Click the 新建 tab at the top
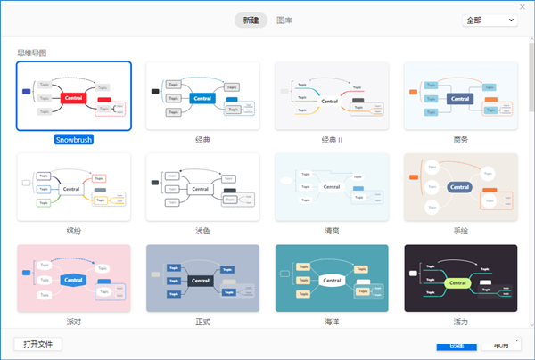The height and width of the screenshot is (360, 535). point(251,20)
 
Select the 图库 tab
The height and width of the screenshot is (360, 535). point(284,20)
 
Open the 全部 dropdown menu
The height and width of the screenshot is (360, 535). point(490,20)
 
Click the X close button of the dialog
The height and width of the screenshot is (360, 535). point(523,7)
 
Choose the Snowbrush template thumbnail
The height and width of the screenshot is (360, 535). point(73,96)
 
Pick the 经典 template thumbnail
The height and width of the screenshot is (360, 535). point(202,96)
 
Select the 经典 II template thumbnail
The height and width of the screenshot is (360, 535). point(331,96)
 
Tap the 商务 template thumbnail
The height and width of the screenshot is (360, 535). point(460,96)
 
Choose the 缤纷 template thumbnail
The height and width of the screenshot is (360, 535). point(73,187)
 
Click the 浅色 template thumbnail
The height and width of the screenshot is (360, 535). point(202,187)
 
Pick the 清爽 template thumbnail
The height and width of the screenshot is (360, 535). point(331,187)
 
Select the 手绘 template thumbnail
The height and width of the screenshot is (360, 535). point(460,187)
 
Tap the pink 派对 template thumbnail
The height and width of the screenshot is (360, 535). point(73,279)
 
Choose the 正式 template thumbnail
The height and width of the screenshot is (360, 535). point(202,279)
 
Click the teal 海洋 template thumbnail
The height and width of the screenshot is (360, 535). point(331,279)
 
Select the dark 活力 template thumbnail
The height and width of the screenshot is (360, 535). point(460,279)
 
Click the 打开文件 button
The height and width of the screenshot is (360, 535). point(38,344)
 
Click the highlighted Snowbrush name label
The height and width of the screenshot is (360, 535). point(73,140)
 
